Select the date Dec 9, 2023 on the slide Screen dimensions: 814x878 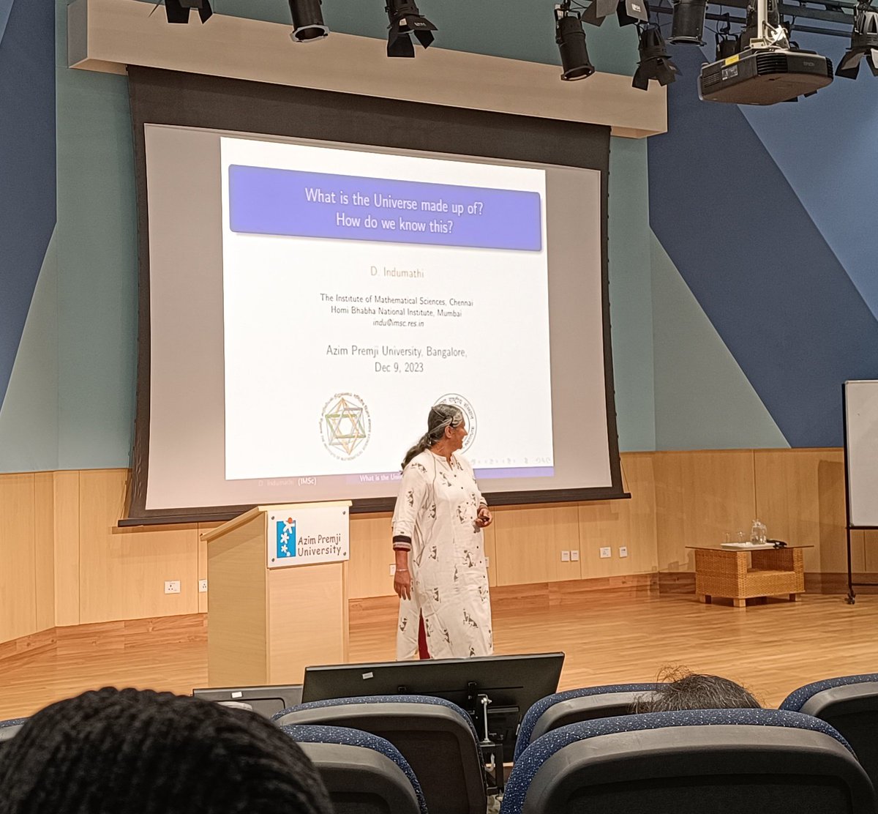399,367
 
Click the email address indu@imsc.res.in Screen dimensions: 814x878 398,323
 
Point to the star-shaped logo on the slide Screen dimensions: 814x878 345,426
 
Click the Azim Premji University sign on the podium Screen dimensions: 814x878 308,536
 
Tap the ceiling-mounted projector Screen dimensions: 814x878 765,72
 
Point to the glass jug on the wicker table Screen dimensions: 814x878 758,532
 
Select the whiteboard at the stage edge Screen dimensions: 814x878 862,454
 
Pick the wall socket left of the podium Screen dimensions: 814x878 172,586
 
